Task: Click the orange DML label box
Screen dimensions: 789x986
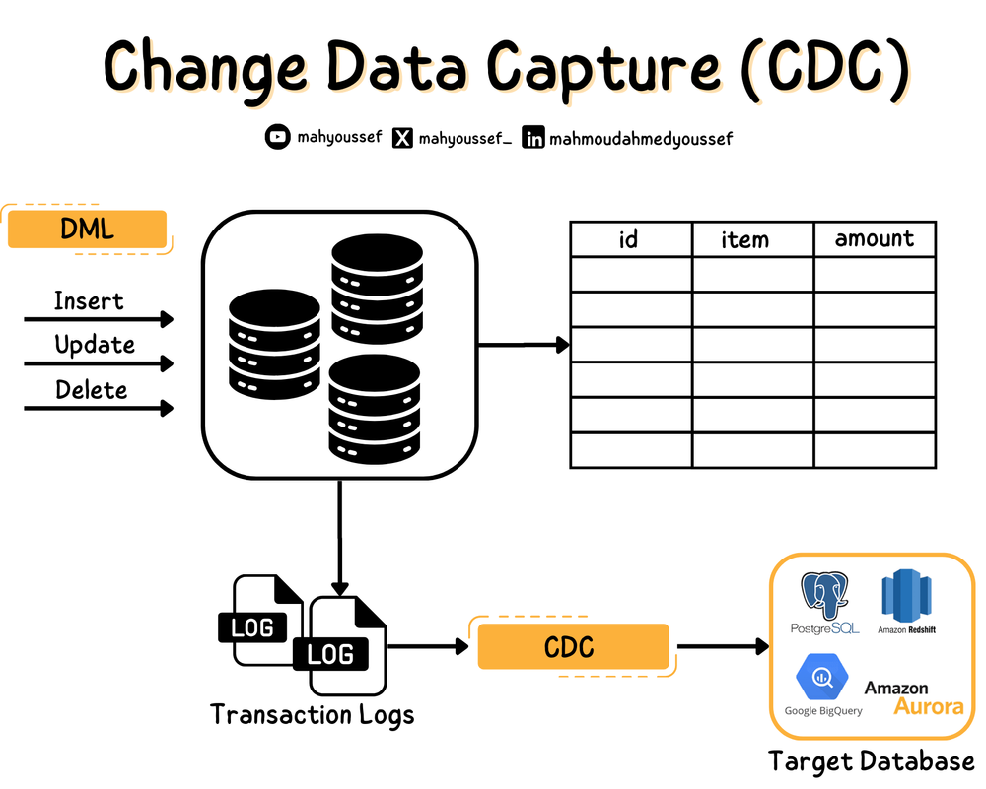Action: click(87, 230)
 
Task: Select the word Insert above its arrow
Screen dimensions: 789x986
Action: click(89, 300)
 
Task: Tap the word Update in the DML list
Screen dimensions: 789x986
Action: click(95, 345)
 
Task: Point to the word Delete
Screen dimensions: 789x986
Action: click(91, 390)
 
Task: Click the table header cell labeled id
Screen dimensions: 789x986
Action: click(629, 239)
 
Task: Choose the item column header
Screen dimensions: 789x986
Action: click(744, 239)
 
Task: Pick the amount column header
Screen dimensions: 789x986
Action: click(874, 239)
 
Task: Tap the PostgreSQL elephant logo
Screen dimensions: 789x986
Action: click(826, 596)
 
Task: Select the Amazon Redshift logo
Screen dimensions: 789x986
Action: click(906, 597)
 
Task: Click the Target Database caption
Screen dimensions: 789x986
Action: click(871, 761)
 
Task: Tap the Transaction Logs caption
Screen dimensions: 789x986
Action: click(312, 714)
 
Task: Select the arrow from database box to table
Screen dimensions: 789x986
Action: click(523, 345)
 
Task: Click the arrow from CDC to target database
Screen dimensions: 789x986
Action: click(723, 647)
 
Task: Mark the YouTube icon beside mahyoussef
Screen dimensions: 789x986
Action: click(278, 138)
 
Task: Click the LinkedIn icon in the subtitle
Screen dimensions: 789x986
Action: click(533, 139)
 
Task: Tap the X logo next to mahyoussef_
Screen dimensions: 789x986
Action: click(402, 139)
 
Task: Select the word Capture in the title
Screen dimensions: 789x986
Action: click(610, 69)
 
